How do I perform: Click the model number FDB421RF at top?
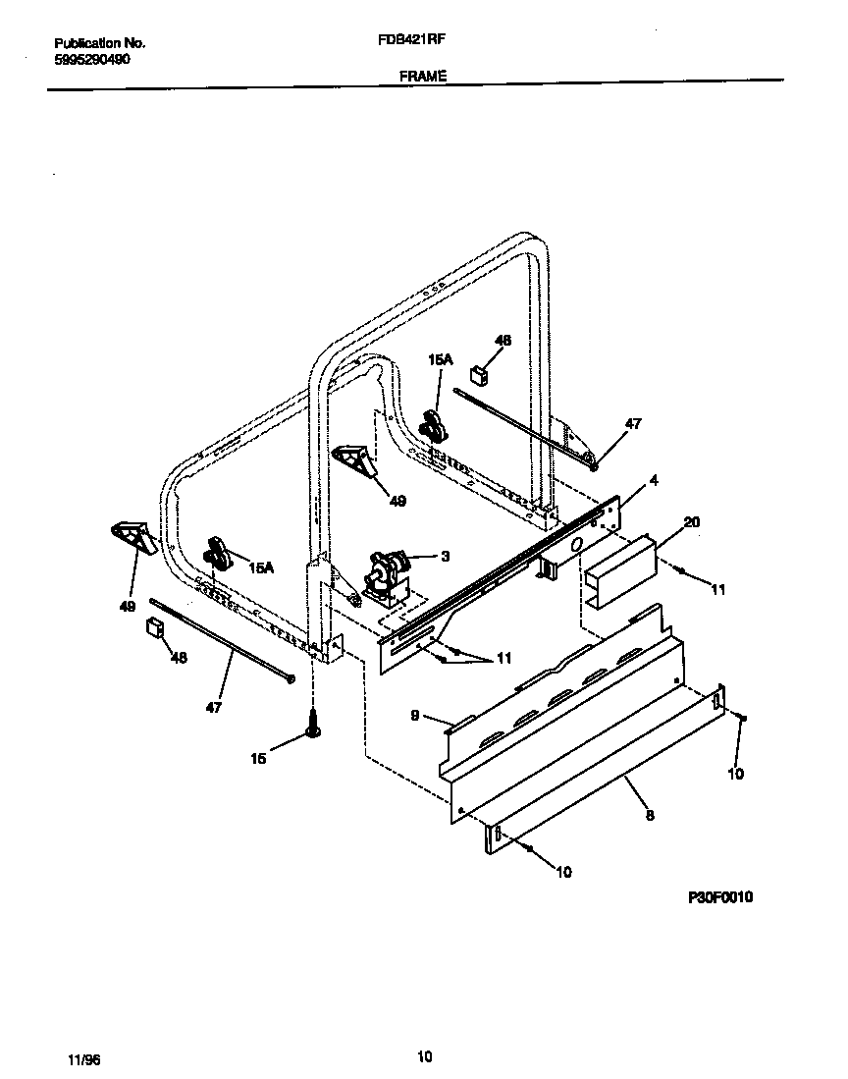coord(405,42)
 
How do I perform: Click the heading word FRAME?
coord(423,75)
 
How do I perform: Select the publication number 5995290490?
coord(92,59)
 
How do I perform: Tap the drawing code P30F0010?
coord(718,896)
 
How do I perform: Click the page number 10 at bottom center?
coord(424,1056)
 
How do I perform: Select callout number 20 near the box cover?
coord(691,522)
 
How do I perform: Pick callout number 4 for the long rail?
coord(653,481)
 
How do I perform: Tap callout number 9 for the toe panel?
coord(415,716)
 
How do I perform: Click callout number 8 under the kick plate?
coord(649,814)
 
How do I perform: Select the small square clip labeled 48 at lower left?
coord(153,627)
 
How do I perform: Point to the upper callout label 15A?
coord(440,361)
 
